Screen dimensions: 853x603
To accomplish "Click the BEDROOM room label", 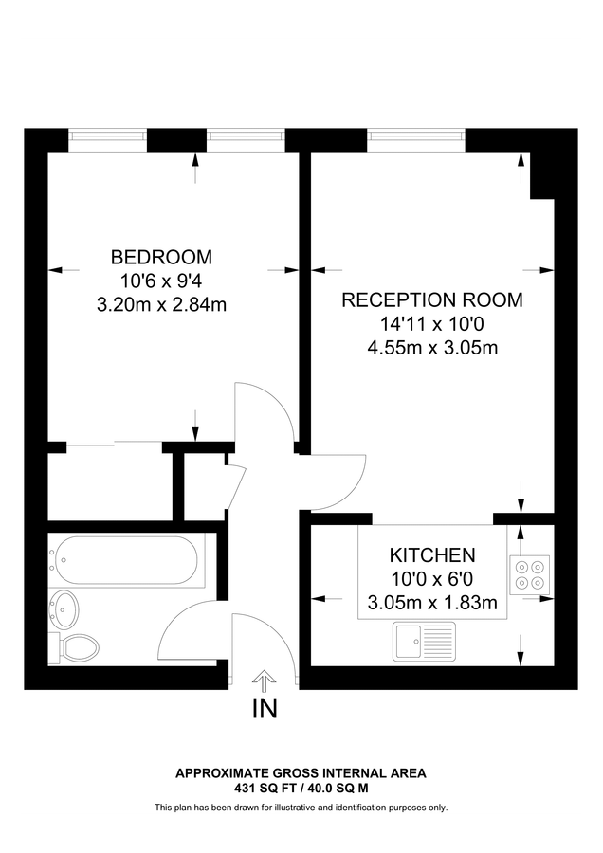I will point(161,257).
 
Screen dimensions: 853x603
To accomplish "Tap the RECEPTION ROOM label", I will point(431,300).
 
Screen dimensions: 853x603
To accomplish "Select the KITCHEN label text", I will point(431,555).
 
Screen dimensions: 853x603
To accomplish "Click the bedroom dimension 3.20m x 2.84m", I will point(161,305).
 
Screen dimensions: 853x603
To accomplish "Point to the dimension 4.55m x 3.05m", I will point(431,348).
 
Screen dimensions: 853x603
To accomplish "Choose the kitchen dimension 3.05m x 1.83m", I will point(431,602).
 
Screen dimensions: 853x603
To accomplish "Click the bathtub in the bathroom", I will point(125,563).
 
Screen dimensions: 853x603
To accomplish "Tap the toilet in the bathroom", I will point(78,647).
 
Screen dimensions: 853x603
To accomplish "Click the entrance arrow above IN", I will point(265,679).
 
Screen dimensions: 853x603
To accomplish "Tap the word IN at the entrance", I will point(265,709).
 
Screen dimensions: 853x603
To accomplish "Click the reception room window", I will point(416,140).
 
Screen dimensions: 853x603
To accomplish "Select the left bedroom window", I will point(108,140).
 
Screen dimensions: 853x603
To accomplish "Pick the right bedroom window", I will point(246,140).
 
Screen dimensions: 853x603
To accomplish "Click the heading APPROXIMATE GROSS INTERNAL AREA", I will point(301,773).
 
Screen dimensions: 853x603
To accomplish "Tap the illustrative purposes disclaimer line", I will point(301,808).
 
